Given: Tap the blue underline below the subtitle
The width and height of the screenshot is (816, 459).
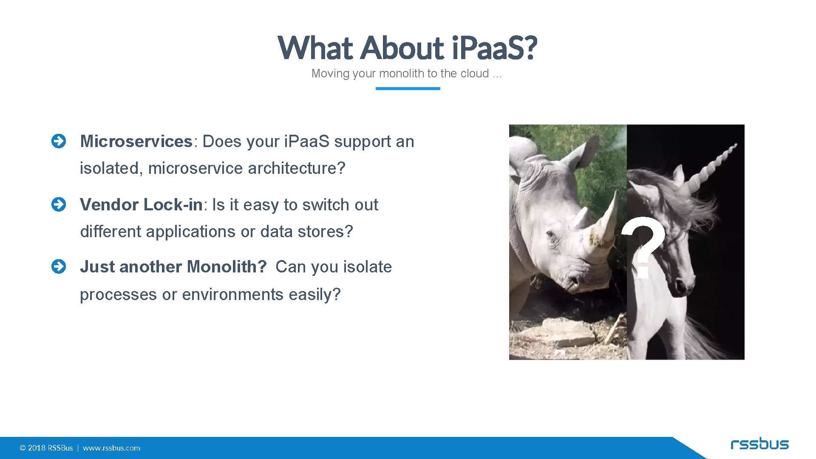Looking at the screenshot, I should [408, 88].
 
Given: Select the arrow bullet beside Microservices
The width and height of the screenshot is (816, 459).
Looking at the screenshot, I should [59, 142].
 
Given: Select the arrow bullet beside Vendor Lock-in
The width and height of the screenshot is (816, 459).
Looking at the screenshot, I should [59, 204].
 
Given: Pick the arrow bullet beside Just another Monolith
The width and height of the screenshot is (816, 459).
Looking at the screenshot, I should [59, 267].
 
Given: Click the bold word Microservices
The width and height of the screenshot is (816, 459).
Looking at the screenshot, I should [136, 142].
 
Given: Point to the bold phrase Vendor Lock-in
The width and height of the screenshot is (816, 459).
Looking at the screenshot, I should [141, 205].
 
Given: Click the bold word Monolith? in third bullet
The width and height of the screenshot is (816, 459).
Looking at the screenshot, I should [227, 267].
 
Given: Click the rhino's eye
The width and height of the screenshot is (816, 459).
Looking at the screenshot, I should [551, 234].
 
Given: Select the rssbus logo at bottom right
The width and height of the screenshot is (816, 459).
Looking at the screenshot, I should [759, 444].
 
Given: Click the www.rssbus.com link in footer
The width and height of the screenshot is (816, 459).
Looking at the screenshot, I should [111, 448].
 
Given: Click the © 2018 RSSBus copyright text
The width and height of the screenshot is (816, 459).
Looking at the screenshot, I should [46, 448].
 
